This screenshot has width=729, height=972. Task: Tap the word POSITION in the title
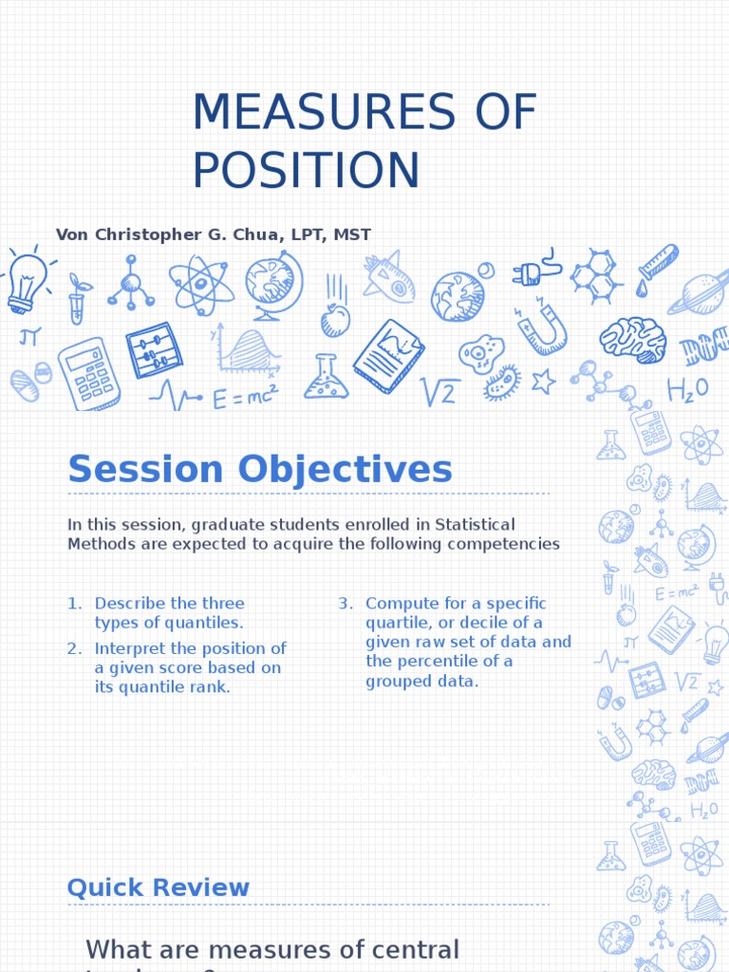pyautogui.click(x=306, y=170)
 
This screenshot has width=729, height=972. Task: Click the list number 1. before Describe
pyautogui.click(x=75, y=604)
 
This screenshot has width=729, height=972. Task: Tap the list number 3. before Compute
pyautogui.click(x=346, y=604)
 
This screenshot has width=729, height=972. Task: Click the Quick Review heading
pyautogui.click(x=159, y=888)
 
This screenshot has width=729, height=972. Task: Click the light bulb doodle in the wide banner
pyautogui.click(x=26, y=281)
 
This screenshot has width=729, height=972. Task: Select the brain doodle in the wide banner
pyautogui.click(x=632, y=339)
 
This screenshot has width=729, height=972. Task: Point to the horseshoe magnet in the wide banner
pyautogui.click(x=541, y=327)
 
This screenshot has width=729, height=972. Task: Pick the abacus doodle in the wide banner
pyautogui.click(x=154, y=350)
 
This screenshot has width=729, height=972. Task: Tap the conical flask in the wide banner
pyautogui.click(x=327, y=378)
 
